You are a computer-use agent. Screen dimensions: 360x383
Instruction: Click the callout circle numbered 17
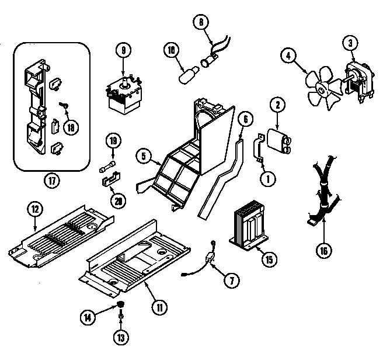[x=52, y=181]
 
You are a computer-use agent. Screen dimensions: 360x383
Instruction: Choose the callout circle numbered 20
[x=119, y=200]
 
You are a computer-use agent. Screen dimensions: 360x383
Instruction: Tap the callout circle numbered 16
[x=323, y=251]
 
